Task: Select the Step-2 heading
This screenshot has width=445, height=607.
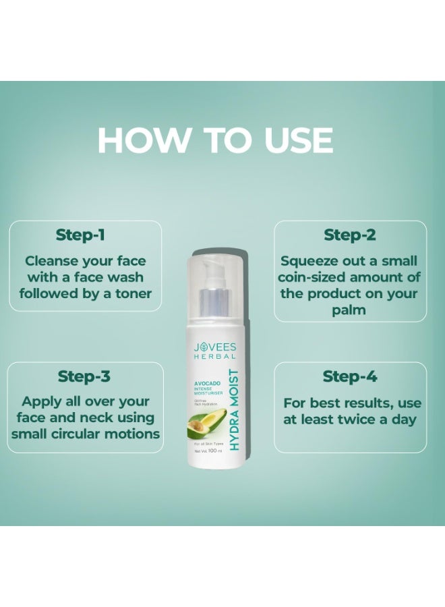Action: point(350,235)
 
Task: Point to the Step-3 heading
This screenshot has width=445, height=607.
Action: point(84,376)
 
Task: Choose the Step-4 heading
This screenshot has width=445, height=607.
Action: point(349,376)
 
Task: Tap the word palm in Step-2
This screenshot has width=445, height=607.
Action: point(351,310)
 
